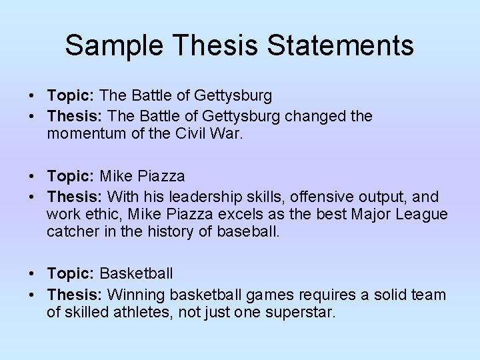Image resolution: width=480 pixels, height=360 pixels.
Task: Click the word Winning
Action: point(136,295)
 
